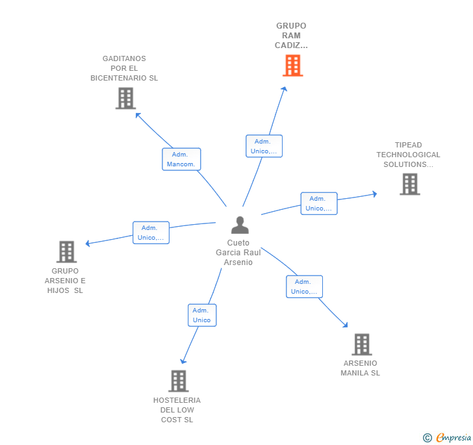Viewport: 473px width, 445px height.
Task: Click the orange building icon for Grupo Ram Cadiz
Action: point(292,66)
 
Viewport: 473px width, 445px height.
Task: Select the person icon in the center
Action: point(240,225)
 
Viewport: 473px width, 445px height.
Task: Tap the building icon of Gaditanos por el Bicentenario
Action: point(125,98)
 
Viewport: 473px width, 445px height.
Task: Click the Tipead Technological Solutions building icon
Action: point(409,184)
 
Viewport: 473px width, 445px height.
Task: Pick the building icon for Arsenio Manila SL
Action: point(361,344)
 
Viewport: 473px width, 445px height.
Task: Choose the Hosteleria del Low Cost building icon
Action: point(178,381)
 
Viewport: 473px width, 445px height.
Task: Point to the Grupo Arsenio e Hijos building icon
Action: point(66,251)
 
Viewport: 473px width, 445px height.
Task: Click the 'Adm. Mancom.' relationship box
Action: point(181,159)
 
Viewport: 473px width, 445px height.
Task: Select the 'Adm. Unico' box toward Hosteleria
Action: point(201,315)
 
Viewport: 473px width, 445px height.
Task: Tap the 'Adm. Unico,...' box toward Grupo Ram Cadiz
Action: point(264,146)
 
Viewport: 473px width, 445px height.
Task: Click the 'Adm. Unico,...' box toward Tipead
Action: point(319,203)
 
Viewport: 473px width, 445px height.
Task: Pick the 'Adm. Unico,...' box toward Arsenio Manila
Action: point(304,286)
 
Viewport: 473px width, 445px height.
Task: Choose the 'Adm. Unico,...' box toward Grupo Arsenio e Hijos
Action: point(151,233)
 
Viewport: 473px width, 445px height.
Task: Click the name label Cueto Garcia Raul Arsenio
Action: point(239,253)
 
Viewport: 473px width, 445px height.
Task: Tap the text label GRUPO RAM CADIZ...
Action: point(291,36)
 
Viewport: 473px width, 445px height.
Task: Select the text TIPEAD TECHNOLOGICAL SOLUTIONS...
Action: point(408,155)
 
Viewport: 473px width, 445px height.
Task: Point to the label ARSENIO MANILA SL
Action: point(361,368)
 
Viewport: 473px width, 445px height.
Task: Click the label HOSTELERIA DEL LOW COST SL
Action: point(177,410)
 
